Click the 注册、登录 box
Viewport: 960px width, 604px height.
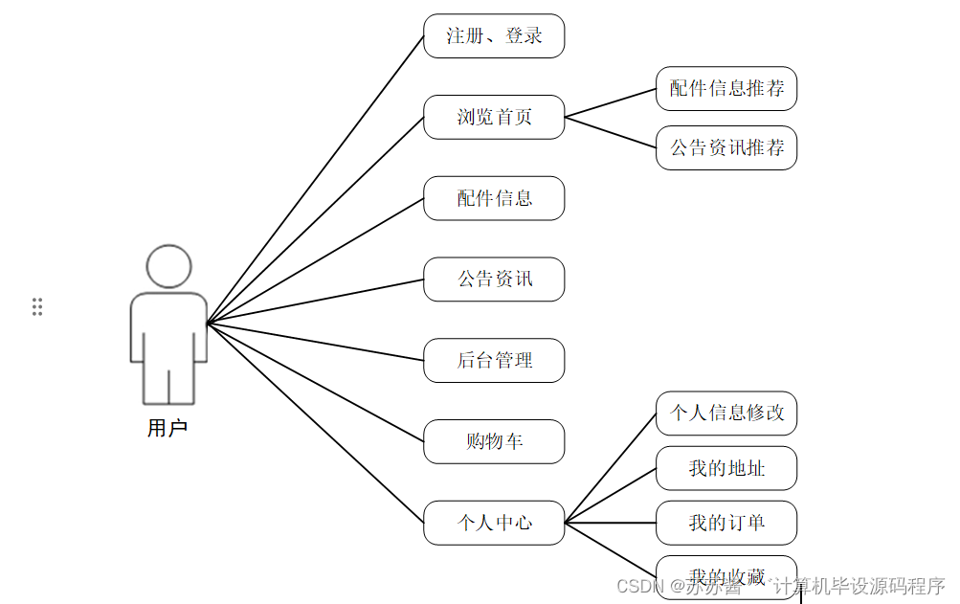(x=494, y=36)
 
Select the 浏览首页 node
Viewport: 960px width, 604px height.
(x=494, y=118)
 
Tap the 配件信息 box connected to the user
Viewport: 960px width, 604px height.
(x=494, y=199)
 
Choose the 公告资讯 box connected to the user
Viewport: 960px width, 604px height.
(x=494, y=280)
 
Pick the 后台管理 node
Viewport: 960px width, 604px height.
(x=494, y=361)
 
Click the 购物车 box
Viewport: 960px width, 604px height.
(x=494, y=442)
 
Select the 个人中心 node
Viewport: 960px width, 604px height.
(x=494, y=523)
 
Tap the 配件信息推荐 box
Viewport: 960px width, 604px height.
(x=726, y=89)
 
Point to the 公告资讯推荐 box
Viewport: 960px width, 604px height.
(x=726, y=148)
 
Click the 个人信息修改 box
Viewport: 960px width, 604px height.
(x=726, y=414)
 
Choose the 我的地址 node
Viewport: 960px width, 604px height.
(x=726, y=468)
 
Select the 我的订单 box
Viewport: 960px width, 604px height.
(x=726, y=523)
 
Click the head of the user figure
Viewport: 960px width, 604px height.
(x=168, y=266)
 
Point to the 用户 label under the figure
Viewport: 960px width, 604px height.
(x=167, y=428)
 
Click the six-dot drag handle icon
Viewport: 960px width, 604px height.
(x=37, y=306)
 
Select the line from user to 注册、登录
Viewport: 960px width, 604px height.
(x=316, y=179)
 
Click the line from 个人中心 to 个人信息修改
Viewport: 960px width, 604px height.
(x=611, y=468)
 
